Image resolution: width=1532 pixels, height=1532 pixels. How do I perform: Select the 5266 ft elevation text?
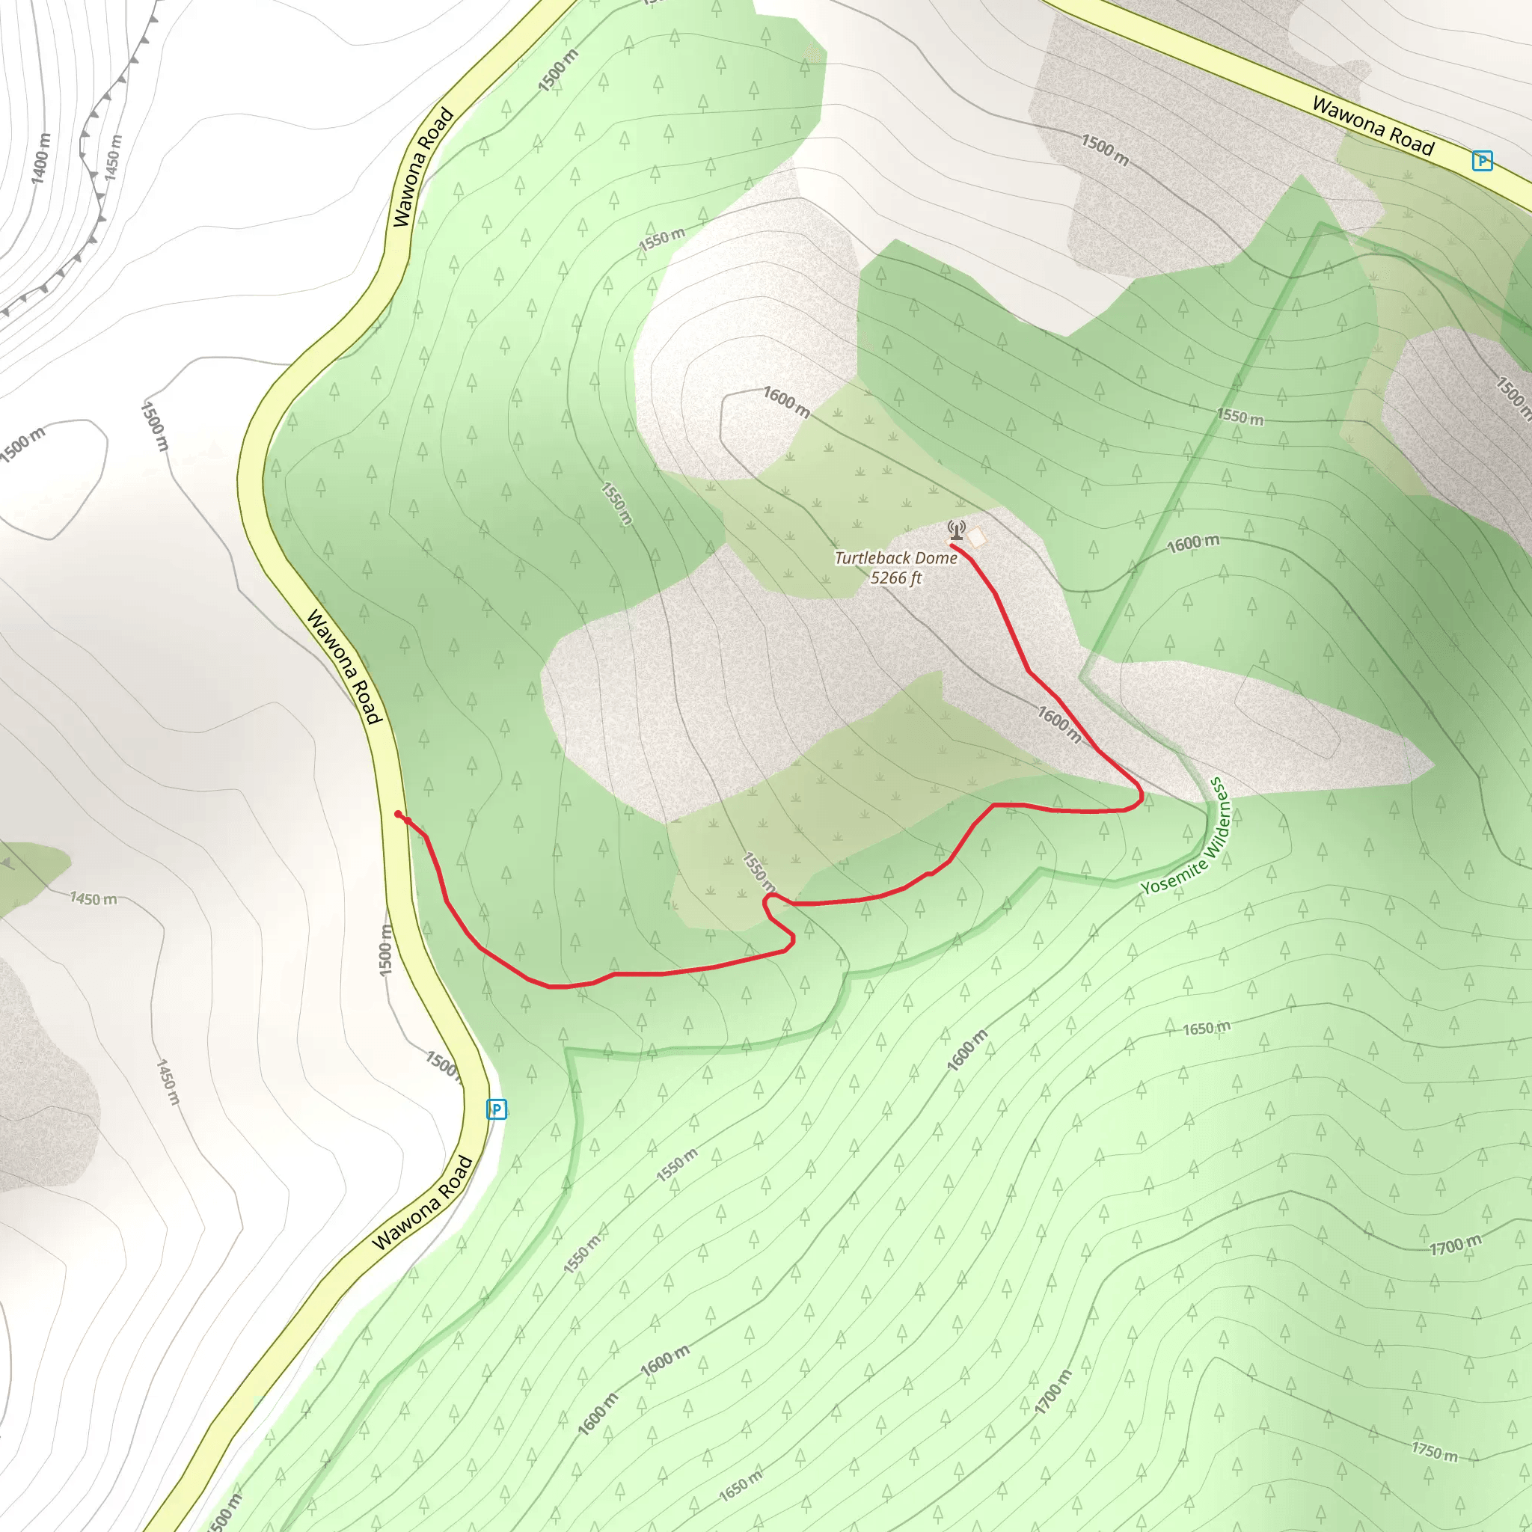pyautogui.click(x=895, y=578)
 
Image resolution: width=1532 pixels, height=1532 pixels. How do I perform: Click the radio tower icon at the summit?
pyautogui.click(x=956, y=530)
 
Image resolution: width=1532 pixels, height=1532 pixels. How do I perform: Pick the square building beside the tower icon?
pyautogui.click(x=976, y=539)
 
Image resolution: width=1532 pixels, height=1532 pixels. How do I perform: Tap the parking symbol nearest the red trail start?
pyautogui.click(x=497, y=1109)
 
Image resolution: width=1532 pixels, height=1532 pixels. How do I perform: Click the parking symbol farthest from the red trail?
pyautogui.click(x=1482, y=161)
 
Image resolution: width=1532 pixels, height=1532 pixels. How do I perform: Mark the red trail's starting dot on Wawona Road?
pyautogui.click(x=398, y=815)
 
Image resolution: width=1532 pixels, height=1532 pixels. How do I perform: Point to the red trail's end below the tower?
pyautogui.click(x=952, y=545)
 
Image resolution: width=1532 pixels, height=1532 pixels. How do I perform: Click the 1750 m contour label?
pyautogui.click(x=1434, y=1451)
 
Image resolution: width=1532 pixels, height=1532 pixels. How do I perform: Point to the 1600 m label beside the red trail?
pyautogui.click(x=1058, y=724)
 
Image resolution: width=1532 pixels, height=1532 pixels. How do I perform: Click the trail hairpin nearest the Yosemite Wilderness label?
pyautogui.click(x=1139, y=794)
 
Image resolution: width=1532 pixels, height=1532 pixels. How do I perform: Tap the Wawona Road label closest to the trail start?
pyautogui.click(x=345, y=666)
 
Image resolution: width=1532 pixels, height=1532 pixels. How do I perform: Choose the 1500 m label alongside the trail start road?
pyautogui.click(x=385, y=950)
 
